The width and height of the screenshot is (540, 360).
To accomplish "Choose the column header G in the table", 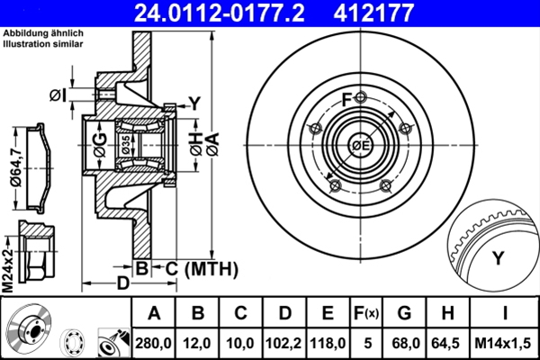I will point(403,313).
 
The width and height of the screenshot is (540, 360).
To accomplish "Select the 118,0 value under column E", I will point(328,341).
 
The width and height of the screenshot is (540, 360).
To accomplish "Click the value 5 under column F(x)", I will point(366,341).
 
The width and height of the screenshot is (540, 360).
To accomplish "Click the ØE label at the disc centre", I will point(361,145).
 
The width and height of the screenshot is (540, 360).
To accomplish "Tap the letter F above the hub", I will point(346,99).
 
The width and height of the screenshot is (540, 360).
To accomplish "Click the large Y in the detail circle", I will point(497,259).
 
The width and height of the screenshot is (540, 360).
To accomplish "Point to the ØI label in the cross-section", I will point(58,94).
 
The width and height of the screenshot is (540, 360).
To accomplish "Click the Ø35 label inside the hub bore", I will point(126,144).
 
